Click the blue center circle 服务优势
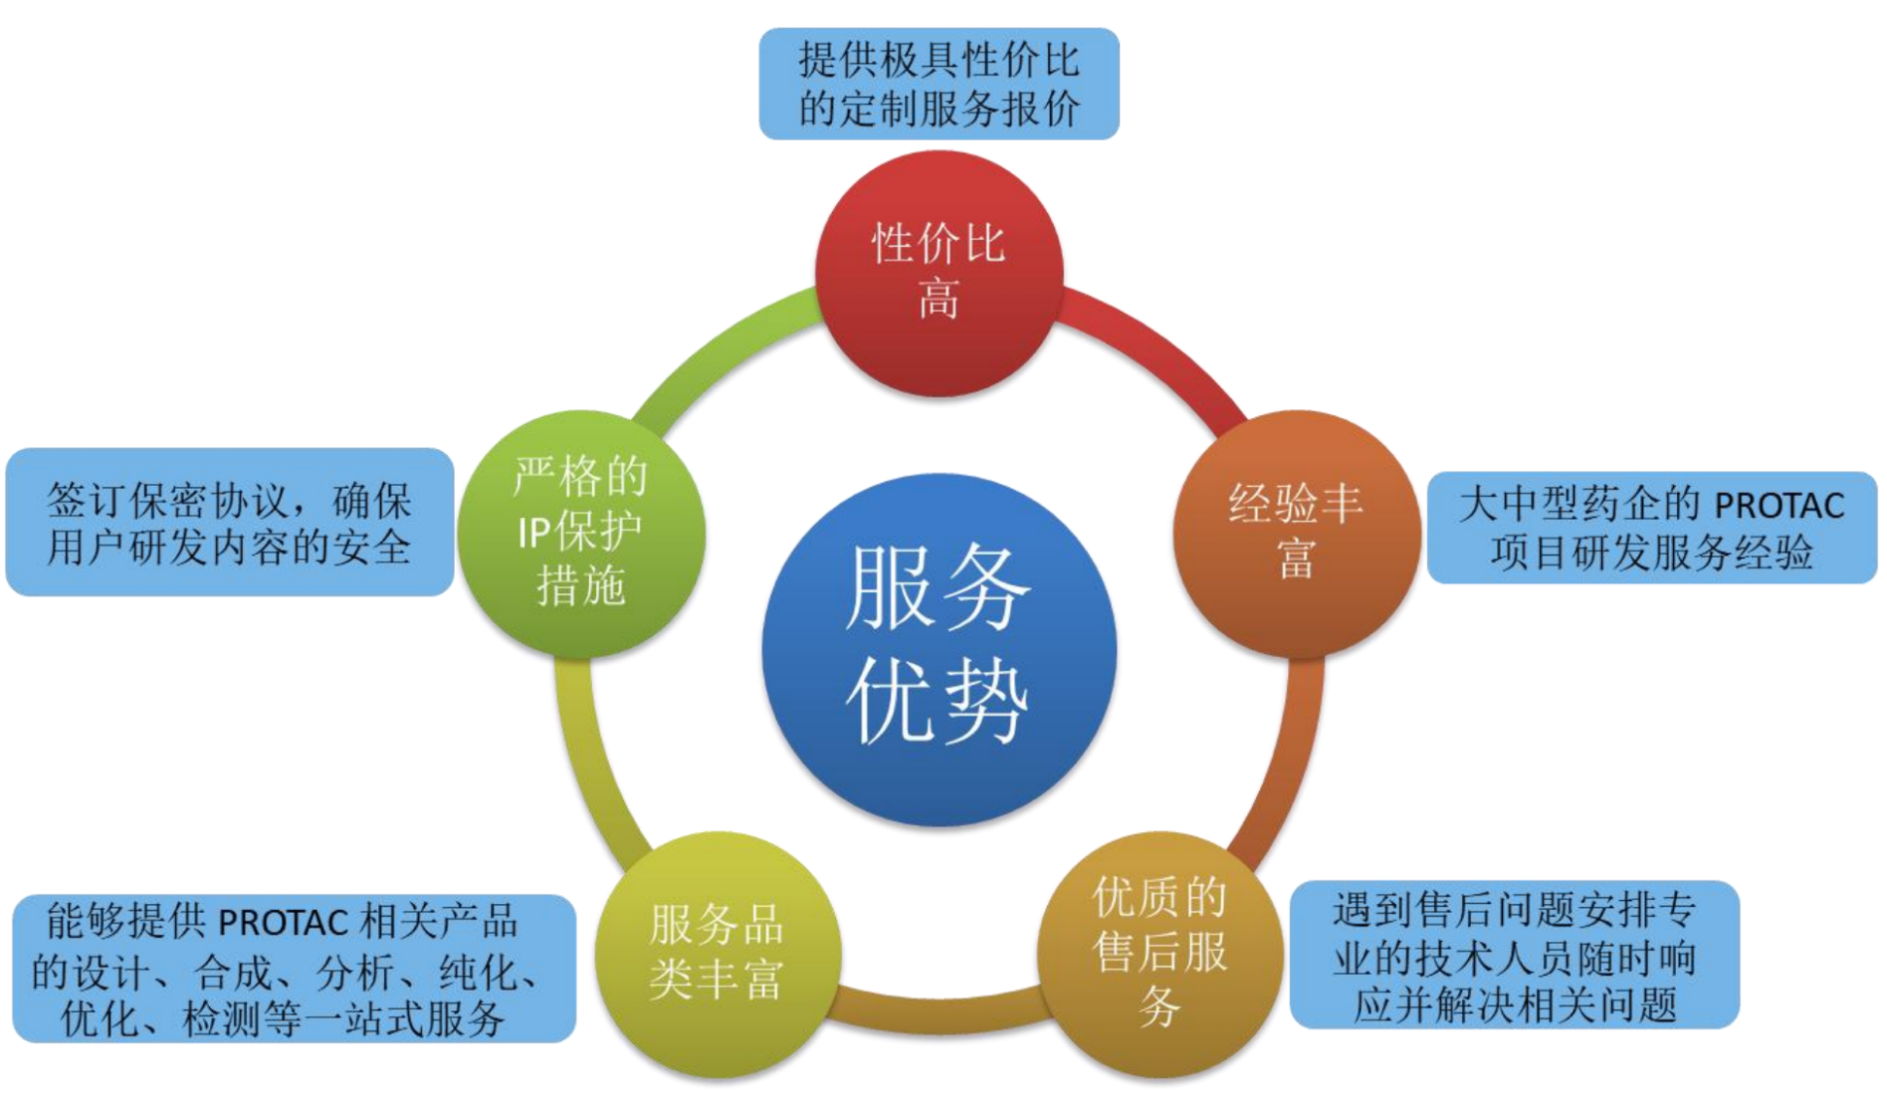[939, 649]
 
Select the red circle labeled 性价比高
[939, 273]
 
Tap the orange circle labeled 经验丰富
[1297, 534]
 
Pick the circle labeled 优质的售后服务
[1159, 954]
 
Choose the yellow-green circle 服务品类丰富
[718, 954]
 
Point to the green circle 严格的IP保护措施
[581, 534]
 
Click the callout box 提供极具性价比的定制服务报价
[939, 84]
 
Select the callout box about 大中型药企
[1652, 528]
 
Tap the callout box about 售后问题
[1515, 954]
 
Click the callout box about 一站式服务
[294, 969]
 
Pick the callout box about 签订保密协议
[230, 522]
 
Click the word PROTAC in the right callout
[1779, 506]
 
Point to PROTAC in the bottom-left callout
[283, 922]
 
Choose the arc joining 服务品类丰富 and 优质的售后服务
[939, 1013]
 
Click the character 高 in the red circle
[939, 299]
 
